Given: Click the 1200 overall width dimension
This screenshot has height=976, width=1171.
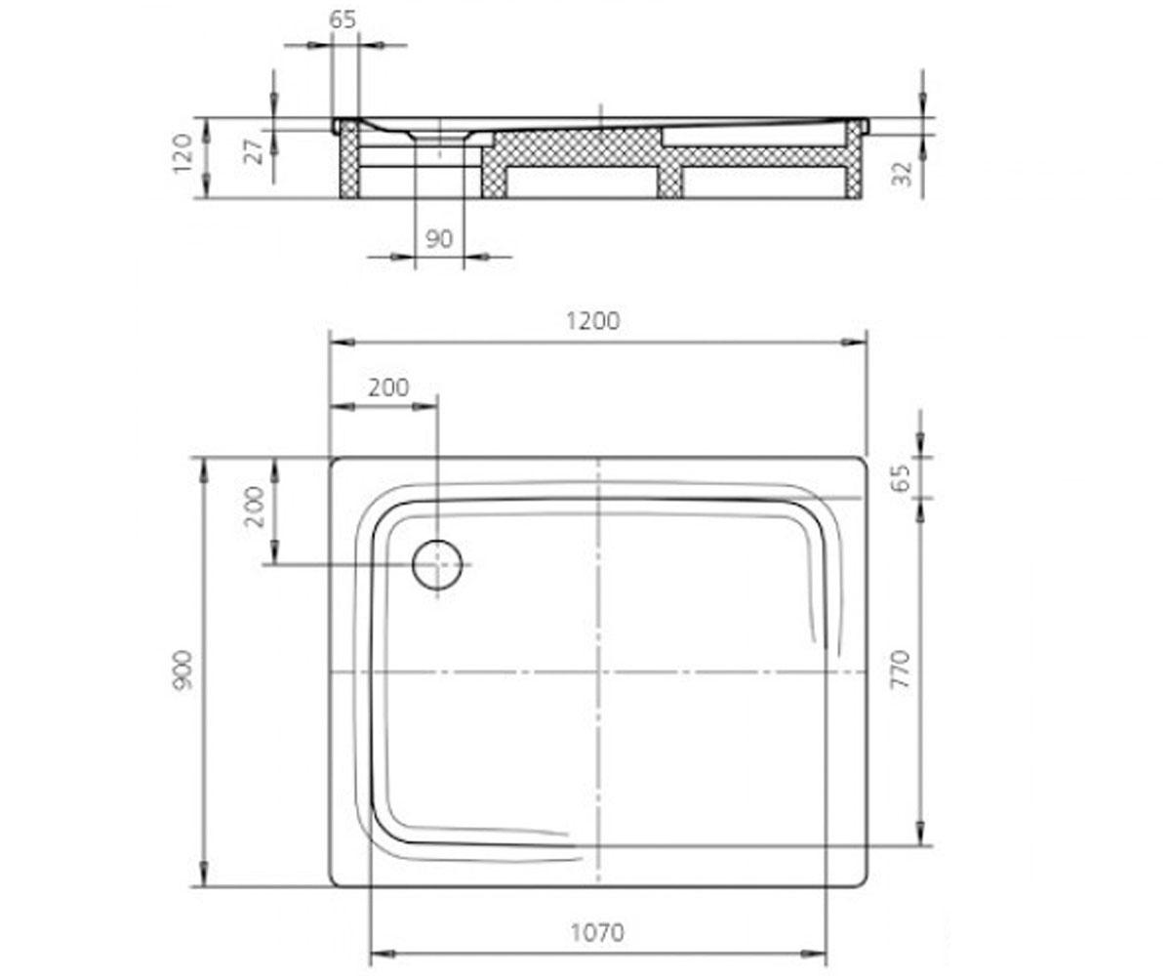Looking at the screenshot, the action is [592, 321].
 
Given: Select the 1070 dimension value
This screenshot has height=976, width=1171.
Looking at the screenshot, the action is [597, 933].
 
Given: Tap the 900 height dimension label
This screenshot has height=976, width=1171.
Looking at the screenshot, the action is [183, 671].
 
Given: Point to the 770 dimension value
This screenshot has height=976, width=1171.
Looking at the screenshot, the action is [900, 670].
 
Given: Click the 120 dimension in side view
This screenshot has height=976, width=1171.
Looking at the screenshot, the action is [183, 153].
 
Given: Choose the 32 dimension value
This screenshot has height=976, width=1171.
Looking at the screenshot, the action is [902, 174].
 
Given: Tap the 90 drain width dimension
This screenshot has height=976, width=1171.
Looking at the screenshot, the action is [438, 239].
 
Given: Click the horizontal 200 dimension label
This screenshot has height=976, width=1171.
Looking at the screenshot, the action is [388, 387].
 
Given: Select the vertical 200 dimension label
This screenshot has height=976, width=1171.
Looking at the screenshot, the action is [255, 507].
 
